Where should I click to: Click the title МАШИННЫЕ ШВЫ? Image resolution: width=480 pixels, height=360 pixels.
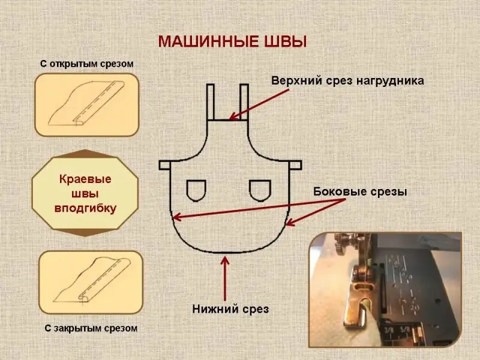232,41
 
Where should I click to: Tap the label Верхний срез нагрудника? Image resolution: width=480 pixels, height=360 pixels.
347,81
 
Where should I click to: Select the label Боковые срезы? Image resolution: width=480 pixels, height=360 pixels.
360,192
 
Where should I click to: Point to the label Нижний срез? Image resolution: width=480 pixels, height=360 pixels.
230,310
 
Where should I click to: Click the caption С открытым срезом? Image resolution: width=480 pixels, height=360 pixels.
86,63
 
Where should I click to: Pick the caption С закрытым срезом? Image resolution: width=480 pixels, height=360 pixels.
92,328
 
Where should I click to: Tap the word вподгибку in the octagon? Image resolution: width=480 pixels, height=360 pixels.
85,208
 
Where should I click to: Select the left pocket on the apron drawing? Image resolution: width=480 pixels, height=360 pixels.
196,190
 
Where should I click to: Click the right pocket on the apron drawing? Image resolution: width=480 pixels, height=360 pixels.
259,190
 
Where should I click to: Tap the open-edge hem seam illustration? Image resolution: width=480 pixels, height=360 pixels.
87,105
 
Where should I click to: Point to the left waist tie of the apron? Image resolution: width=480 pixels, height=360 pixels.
166,164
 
